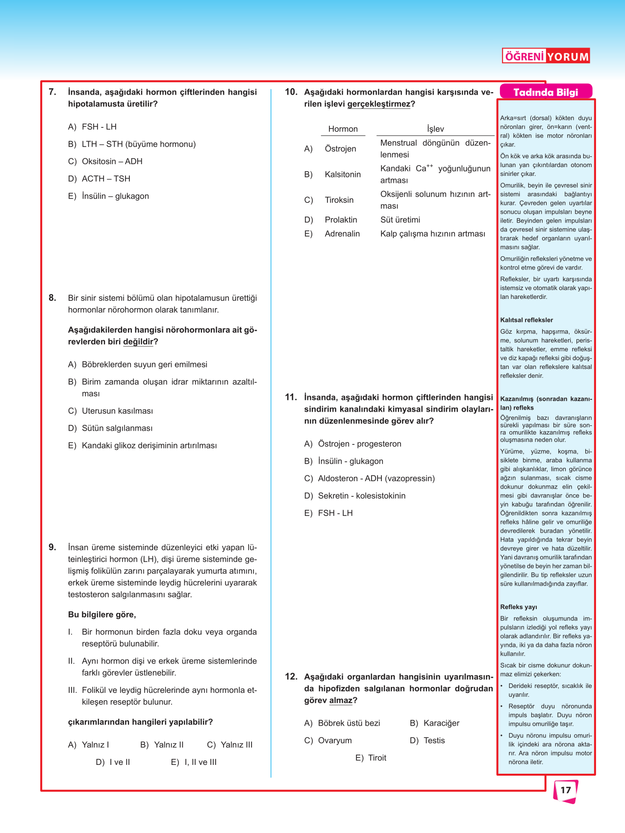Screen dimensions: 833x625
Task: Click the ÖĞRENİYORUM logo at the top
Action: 546,56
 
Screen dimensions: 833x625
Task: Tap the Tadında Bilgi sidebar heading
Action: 546,92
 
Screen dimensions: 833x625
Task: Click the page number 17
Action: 566,790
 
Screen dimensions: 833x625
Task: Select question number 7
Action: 52,92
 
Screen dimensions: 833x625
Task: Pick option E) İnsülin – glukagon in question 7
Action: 108,196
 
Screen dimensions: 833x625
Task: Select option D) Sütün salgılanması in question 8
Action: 110,428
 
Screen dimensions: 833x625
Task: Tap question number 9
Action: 52,547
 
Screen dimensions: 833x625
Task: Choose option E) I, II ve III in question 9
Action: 194,762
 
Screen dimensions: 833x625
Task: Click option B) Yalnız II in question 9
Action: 162,745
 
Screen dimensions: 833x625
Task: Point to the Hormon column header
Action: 343,129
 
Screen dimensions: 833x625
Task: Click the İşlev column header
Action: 435,129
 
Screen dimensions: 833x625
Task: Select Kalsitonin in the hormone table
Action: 343,174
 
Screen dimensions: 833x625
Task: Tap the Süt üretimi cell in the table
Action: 400,220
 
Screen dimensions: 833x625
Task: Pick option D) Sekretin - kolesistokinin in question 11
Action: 355,496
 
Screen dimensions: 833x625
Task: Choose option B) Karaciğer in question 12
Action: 435,723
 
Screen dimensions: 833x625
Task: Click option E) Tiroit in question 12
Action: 371,758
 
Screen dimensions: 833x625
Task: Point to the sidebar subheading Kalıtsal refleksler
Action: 526,320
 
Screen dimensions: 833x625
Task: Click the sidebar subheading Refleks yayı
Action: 518,607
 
